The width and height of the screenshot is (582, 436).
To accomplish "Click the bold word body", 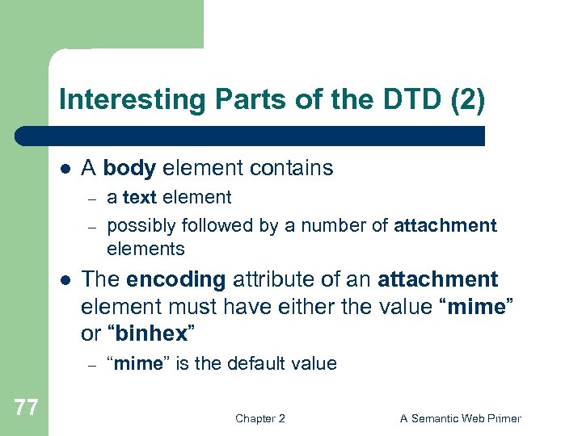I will (130, 168).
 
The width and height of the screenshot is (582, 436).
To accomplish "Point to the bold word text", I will (140, 198).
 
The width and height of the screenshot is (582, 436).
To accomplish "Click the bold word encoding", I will (175, 279).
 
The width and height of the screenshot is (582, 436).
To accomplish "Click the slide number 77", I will (26, 408).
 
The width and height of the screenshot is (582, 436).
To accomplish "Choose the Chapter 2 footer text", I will (259, 418).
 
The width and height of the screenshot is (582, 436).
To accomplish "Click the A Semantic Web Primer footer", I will (461, 418).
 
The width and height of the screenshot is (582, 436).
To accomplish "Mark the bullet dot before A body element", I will (65, 169).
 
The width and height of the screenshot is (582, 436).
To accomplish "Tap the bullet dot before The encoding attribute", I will (65, 280).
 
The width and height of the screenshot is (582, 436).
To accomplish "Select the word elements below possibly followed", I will (145, 249).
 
